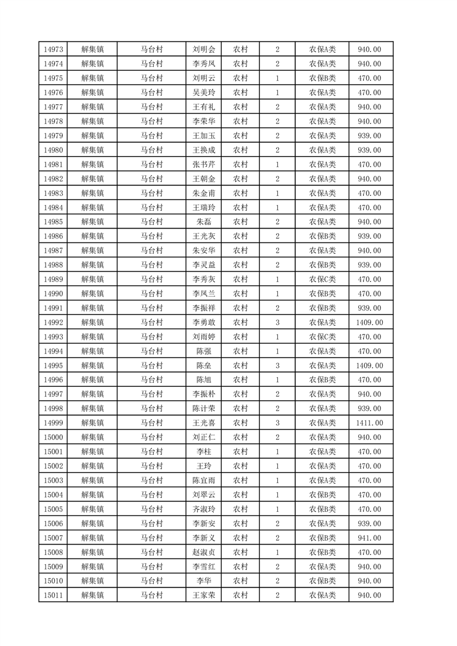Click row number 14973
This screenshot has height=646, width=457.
pyautogui.click(x=53, y=50)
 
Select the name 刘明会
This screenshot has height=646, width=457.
pyautogui.click(x=204, y=50)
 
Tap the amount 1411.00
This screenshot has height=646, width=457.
pyautogui.click(x=369, y=423)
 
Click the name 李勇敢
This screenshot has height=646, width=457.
pyautogui.click(x=204, y=322)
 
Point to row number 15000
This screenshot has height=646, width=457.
pyautogui.click(x=53, y=438)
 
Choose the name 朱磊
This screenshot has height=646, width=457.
pyautogui.click(x=204, y=222)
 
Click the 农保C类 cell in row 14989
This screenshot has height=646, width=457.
pyautogui.click(x=323, y=279)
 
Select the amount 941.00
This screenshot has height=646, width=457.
pyautogui.click(x=369, y=538)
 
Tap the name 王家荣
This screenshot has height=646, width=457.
pyautogui.click(x=204, y=595)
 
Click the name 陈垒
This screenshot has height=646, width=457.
pyautogui.click(x=204, y=366)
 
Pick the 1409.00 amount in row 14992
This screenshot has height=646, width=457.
pyautogui.click(x=369, y=322)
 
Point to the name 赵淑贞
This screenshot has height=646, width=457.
pyautogui.click(x=204, y=552)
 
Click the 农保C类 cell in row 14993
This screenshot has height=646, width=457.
pyautogui.click(x=323, y=337)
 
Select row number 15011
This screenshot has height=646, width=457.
pyautogui.click(x=53, y=595)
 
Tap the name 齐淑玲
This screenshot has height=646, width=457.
pyautogui.click(x=204, y=509)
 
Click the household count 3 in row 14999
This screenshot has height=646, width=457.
pyautogui.click(x=277, y=423)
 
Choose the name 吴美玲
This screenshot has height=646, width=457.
pyautogui.click(x=204, y=93)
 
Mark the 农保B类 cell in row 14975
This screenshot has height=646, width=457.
pyautogui.click(x=323, y=78)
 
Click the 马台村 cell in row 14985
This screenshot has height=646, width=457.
pyautogui.click(x=152, y=222)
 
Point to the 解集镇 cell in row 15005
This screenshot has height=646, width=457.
pyautogui.click(x=92, y=509)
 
